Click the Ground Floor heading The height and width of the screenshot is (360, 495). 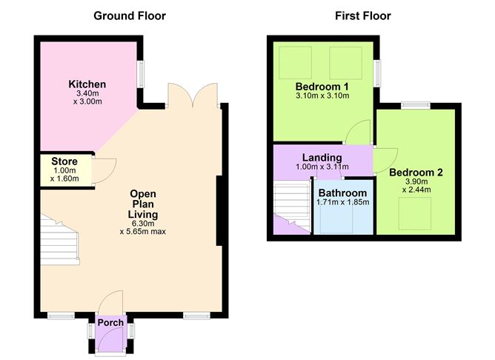click(x=130, y=16)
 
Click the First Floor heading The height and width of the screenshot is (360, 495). click(x=363, y=16)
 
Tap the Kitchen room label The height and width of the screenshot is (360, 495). click(x=87, y=84)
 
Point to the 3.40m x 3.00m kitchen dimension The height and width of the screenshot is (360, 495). click(x=87, y=99)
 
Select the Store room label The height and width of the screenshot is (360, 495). click(x=64, y=161)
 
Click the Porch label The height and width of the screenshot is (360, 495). click(x=110, y=323)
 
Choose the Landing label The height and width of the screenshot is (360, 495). click(x=322, y=157)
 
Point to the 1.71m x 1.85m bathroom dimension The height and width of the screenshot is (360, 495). click(x=342, y=201)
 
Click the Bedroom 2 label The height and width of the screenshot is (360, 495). click(x=416, y=173)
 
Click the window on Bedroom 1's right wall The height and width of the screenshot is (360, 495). click(x=377, y=73)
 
